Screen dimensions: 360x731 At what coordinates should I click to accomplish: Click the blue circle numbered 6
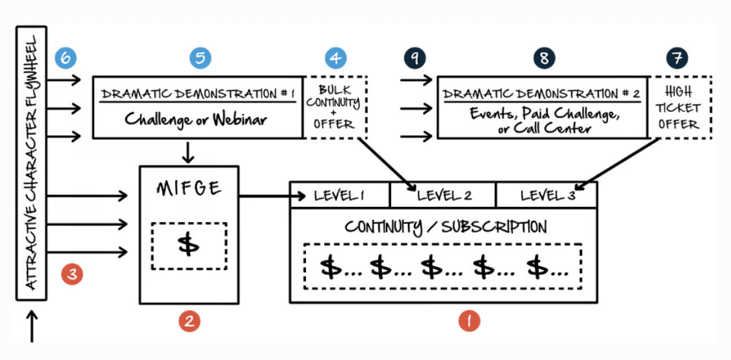pos(66,58)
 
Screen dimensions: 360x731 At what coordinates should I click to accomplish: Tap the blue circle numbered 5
pos(200,58)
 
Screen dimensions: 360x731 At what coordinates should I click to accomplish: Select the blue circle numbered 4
pos(335,58)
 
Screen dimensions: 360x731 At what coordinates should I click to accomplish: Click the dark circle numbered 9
pos(414,58)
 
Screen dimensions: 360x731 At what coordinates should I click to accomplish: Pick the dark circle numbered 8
pos(544,58)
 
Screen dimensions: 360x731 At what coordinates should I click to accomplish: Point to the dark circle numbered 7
pos(677,58)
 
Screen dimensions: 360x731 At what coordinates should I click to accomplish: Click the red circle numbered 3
pos(72,274)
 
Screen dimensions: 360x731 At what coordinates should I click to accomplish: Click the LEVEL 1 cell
pos(340,195)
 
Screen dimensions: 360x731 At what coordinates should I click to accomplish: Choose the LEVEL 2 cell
pos(443,195)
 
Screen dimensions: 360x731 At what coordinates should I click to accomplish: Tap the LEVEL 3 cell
pos(546,195)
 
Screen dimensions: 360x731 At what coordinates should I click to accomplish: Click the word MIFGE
pos(189,189)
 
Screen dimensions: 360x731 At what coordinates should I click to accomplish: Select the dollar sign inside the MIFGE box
pos(189,245)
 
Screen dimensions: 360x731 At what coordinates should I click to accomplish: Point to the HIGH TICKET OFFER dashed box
pos(679,107)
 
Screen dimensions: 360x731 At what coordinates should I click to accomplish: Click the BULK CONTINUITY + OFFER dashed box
pos(335,107)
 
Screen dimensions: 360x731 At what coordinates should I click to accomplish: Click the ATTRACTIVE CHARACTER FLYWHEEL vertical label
pos(31,163)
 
